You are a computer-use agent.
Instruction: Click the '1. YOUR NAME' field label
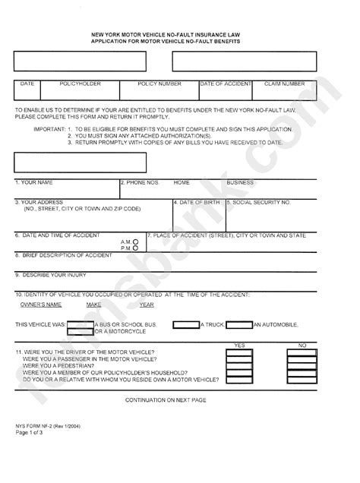(x=35, y=183)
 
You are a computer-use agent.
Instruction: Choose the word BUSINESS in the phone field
(x=240, y=183)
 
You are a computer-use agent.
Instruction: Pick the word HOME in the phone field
(x=182, y=183)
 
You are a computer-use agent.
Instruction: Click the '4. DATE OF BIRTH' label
(x=198, y=203)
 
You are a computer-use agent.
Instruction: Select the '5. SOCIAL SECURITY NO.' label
(x=261, y=203)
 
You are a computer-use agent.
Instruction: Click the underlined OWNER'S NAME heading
(x=40, y=305)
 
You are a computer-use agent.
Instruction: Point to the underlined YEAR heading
(x=147, y=305)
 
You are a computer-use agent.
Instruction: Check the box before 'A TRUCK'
(x=185, y=324)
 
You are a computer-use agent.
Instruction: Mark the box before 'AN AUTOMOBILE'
(x=239, y=324)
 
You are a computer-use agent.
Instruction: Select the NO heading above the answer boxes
(x=302, y=346)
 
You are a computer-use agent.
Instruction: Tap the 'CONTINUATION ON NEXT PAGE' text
(x=166, y=399)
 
